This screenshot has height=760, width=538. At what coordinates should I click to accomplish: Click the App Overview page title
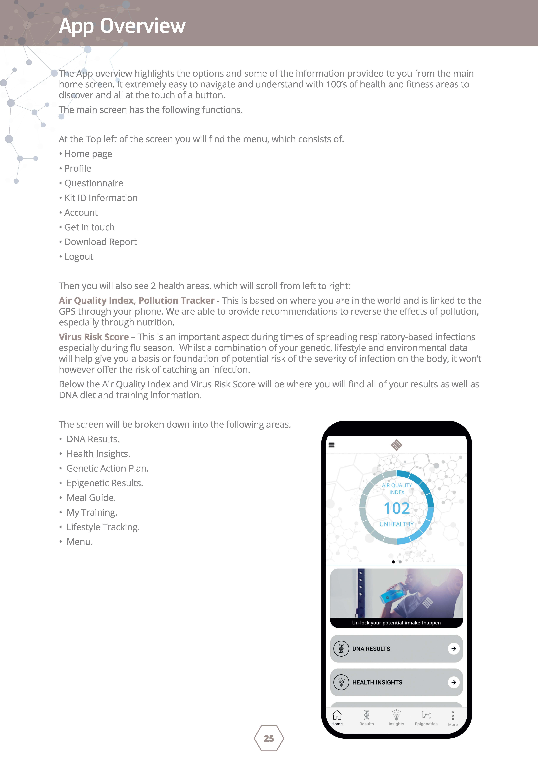[x=122, y=26]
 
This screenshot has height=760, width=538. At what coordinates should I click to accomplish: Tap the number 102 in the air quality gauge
[x=396, y=508]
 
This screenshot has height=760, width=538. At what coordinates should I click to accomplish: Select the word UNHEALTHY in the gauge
[x=396, y=524]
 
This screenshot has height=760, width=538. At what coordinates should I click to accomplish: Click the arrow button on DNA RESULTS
[x=454, y=648]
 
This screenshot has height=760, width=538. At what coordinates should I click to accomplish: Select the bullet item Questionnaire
[x=94, y=183]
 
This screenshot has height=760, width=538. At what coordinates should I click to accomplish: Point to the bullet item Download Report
[x=100, y=242]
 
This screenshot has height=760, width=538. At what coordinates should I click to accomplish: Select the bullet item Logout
[x=79, y=257]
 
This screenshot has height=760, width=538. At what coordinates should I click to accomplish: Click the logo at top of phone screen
[x=396, y=445]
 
